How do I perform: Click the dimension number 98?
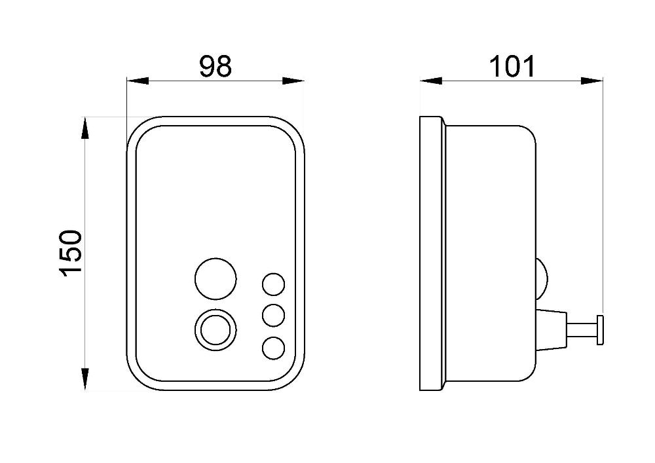click(x=215, y=66)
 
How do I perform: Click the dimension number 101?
click(x=512, y=66)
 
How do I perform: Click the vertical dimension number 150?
click(x=71, y=253)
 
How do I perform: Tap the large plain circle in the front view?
click(x=215, y=278)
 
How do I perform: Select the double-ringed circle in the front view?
click(x=215, y=329)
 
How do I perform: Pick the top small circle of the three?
click(x=274, y=284)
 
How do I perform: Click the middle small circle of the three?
click(x=274, y=315)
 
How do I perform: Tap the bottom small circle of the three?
click(x=274, y=348)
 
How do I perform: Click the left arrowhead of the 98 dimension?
click(x=138, y=81)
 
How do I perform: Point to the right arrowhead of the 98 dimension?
click(x=293, y=81)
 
